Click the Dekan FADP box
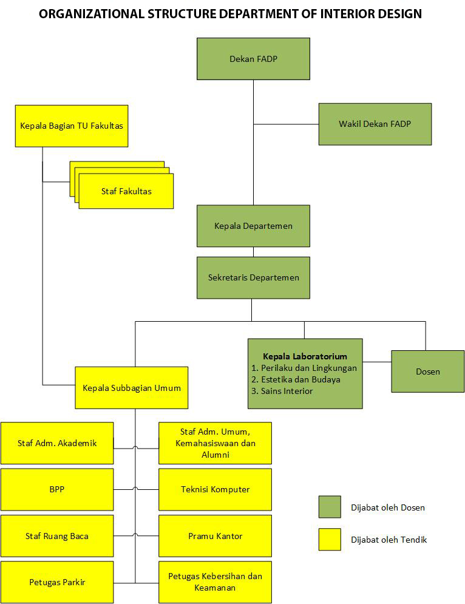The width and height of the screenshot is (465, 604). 253,59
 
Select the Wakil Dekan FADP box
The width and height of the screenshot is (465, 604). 375,124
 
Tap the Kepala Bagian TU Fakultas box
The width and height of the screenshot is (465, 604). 72,126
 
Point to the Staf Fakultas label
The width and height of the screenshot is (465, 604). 126,191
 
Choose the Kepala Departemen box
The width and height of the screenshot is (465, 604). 253,226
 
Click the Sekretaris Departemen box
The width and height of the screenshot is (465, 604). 253,277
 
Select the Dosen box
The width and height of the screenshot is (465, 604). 427,372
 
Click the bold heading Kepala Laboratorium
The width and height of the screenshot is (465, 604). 305,356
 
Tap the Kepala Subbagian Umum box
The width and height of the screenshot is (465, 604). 132,388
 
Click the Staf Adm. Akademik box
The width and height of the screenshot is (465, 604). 57,443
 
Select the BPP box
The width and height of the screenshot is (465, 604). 57,489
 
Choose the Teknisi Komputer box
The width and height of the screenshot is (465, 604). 215,489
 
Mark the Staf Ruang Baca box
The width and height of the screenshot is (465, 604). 57,536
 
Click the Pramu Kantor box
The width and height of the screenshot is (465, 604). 215,536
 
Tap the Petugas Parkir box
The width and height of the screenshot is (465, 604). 57,582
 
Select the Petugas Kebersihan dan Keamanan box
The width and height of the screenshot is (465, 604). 215,582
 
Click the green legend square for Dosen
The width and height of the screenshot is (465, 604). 330,507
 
